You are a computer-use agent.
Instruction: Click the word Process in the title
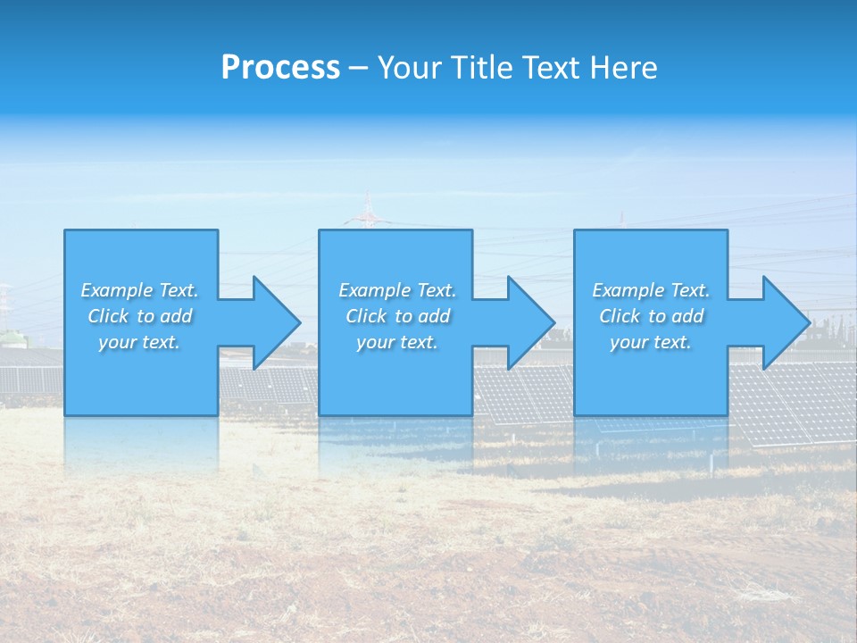[280, 68]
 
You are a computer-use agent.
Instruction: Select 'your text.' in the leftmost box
[139, 342]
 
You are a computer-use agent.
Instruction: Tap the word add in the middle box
[434, 316]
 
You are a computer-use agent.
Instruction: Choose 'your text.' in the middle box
[396, 342]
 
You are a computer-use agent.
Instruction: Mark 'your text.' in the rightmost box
[651, 342]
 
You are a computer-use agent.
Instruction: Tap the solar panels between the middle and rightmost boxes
[522, 393]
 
